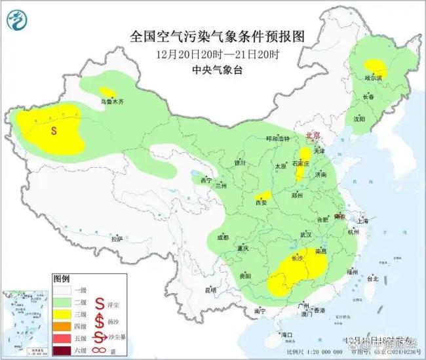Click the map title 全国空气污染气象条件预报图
[x=218, y=35]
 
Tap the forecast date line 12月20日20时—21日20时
[x=218, y=53]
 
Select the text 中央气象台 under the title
[x=218, y=69]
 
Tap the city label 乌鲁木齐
[x=111, y=101]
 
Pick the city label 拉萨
[x=117, y=239]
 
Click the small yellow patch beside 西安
[x=265, y=195]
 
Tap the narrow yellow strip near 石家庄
[x=301, y=168]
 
